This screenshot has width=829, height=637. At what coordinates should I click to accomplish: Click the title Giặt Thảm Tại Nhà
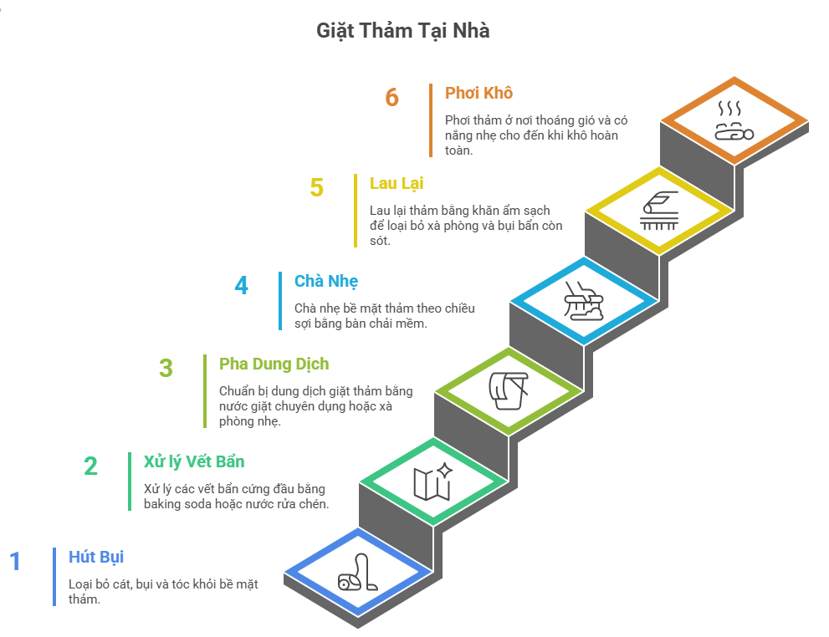click(402, 31)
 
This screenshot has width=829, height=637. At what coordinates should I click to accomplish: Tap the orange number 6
click(391, 97)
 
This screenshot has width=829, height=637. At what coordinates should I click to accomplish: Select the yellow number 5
click(316, 187)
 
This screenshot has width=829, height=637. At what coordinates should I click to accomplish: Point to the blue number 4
click(241, 285)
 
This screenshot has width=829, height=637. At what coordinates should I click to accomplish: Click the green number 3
click(166, 368)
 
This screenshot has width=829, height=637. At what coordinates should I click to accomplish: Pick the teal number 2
click(90, 466)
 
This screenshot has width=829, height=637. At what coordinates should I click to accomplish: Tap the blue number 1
click(15, 561)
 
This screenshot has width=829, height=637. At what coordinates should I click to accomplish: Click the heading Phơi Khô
click(478, 93)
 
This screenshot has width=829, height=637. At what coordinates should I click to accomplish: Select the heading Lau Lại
click(397, 183)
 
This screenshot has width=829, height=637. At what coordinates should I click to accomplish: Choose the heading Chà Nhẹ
click(326, 281)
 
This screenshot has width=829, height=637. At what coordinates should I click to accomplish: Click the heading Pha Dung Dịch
click(274, 364)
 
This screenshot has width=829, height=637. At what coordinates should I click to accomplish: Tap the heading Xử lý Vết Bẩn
click(194, 461)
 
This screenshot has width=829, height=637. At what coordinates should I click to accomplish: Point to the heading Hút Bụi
click(96, 557)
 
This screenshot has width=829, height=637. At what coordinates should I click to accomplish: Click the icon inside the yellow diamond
click(658, 211)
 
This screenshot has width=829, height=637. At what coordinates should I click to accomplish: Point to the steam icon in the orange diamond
click(733, 120)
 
